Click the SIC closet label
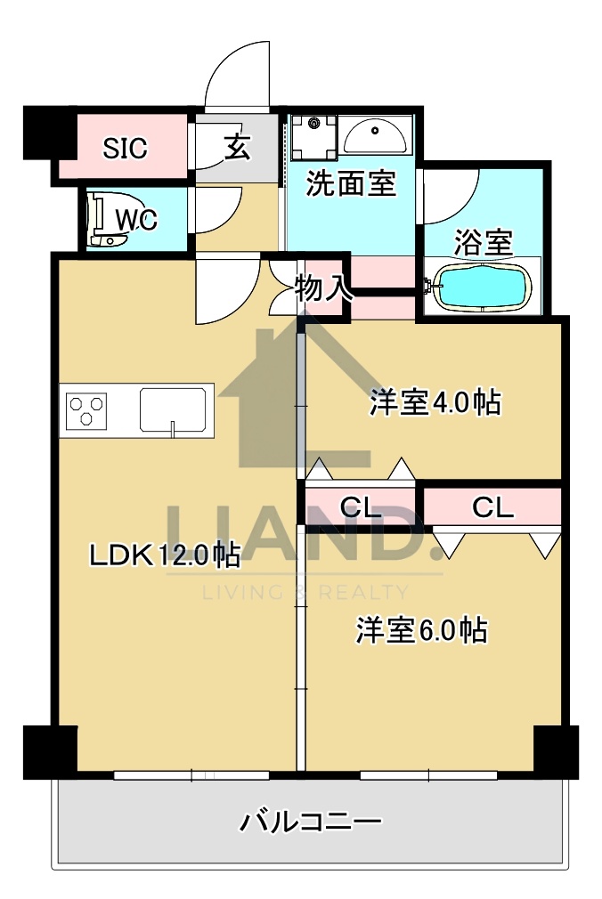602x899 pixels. click(x=125, y=149)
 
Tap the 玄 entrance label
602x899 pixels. click(x=236, y=147)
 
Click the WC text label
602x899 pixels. click(x=136, y=219)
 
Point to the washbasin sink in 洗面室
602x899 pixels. click(x=375, y=136)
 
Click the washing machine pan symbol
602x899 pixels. click(x=313, y=135)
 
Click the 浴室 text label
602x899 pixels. click(x=484, y=242)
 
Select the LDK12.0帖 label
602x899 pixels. click(x=164, y=555)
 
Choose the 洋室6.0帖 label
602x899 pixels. click(x=421, y=630)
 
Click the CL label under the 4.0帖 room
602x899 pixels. click(x=361, y=507)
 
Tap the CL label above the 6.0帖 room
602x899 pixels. click(x=492, y=507)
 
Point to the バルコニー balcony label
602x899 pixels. click(x=311, y=821)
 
